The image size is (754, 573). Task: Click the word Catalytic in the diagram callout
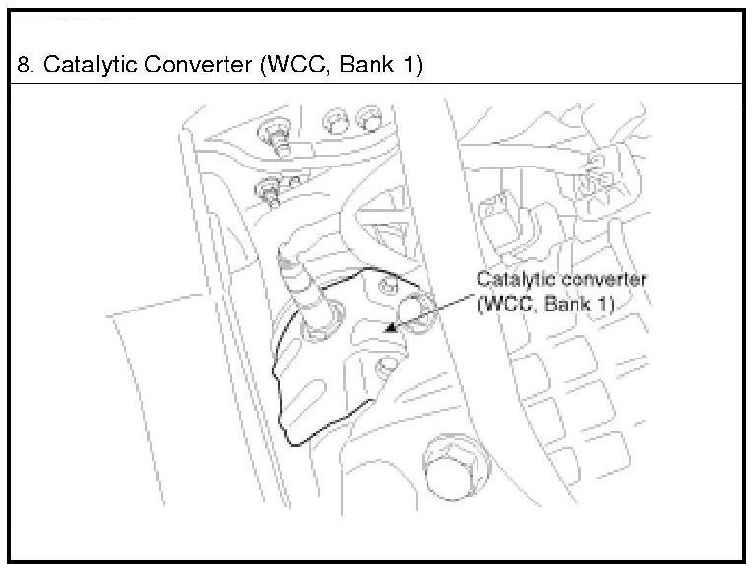[x=511, y=281]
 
